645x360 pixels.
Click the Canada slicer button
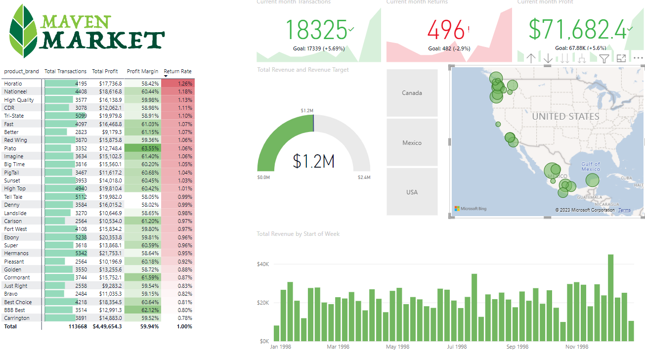pos(412,93)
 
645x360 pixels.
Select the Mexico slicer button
pos(412,143)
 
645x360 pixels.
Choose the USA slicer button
pos(412,192)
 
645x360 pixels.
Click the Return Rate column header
pos(177,71)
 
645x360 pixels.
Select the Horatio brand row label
pos(13,84)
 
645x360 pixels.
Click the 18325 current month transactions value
pos(316,30)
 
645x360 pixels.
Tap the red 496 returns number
pos(446,31)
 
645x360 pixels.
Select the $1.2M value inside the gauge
pos(313,161)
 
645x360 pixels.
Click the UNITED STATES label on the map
pos(565,117)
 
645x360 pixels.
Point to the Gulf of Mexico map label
pos(590,167)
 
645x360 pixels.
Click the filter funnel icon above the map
pos(604,58)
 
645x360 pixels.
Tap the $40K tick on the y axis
pos(262,264)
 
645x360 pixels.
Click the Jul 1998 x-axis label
pos(457,347)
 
